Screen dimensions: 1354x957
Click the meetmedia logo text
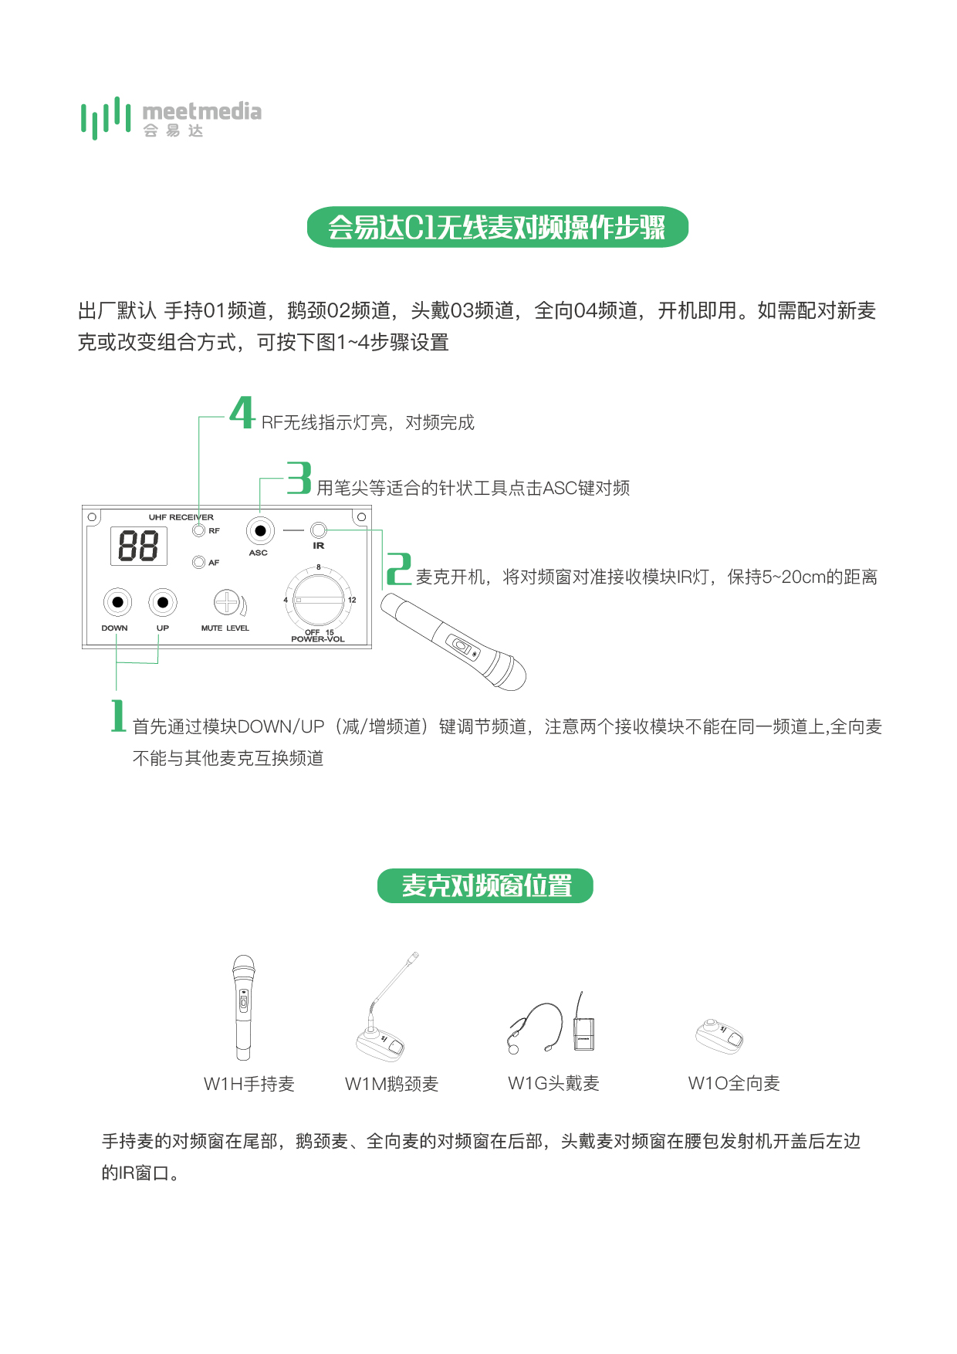pos(201,112)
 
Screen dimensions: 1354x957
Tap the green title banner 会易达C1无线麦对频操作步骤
pos(497,227)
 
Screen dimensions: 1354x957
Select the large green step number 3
pos(299,478)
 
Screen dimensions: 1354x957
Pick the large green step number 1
pos(118,716)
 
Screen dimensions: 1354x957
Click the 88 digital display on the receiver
pos(139,546)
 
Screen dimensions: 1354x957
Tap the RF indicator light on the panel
pos(199,530)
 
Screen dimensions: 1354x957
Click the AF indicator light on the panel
pos(199,563)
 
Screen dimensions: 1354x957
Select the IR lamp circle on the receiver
pos(319,530)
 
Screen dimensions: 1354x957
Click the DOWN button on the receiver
pos(117,602)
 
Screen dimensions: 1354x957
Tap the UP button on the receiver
pos(163,602)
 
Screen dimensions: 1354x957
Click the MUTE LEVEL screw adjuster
pos(227,602)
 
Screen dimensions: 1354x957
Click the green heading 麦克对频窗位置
pos(485,885)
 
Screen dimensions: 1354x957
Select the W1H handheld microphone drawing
pos(243,1007)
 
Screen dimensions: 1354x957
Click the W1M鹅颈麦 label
pos(391,1084)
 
